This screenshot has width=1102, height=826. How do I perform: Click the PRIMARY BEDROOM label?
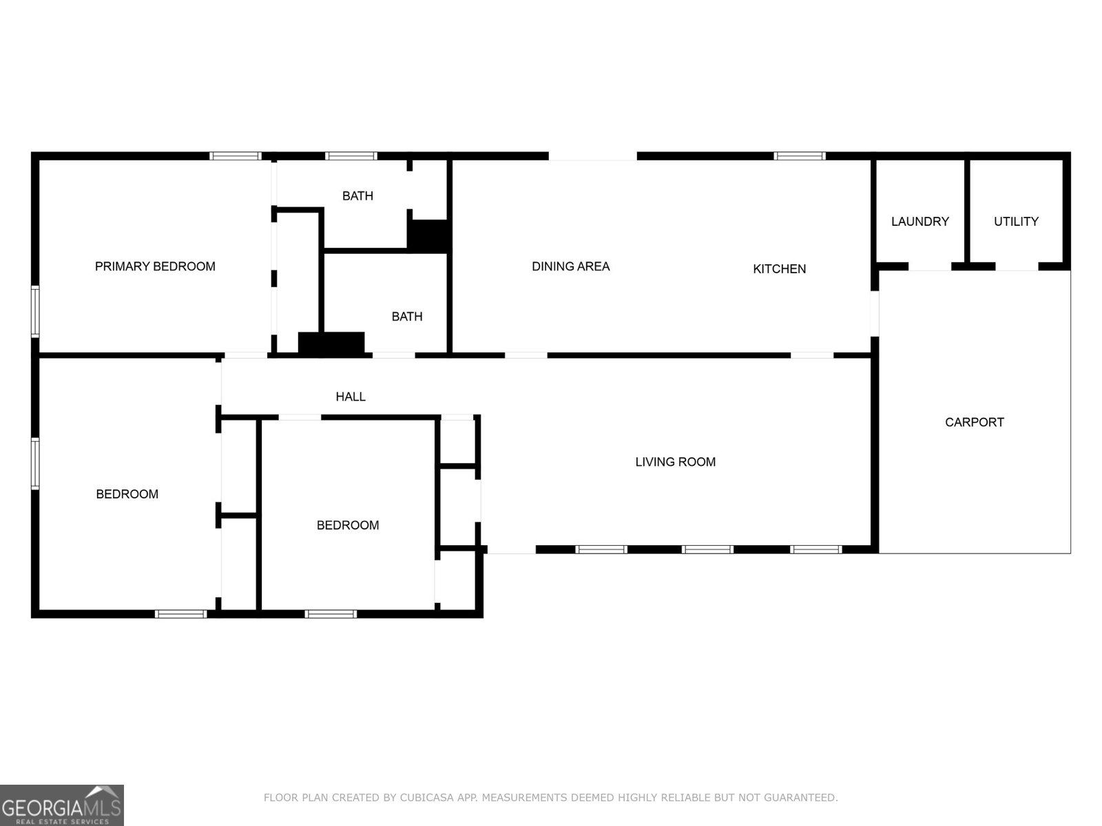coord(155,266)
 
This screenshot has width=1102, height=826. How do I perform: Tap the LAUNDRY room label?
coord(919,222)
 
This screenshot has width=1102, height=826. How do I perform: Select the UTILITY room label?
coord(1016,222)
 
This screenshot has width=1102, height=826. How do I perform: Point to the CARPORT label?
coord(974,422)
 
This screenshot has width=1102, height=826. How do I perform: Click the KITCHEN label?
coord(779,269)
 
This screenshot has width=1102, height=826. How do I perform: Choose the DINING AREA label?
coord(570,266)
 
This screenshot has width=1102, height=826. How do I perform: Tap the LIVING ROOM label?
coord(675,462)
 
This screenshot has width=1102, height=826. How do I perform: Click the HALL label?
coord(350,396)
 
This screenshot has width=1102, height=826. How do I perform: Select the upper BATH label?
coord(357,196)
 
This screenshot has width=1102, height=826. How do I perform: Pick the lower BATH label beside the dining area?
coord(406,317)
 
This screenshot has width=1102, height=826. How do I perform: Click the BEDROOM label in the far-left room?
coord(127,494)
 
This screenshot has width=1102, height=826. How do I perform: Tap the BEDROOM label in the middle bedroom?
coord(347,525)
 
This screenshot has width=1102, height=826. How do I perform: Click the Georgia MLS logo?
coord(61,805)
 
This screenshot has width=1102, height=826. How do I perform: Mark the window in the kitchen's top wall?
coord(799,156)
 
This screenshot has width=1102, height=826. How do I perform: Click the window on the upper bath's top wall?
coord(351,156)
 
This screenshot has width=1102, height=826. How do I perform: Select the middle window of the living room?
coord(707,549)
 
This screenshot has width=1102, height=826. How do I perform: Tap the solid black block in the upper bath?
coord(428,235)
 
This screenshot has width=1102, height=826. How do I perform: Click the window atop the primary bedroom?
coord(235,156)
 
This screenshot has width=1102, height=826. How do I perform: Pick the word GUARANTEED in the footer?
coord(802,798)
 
